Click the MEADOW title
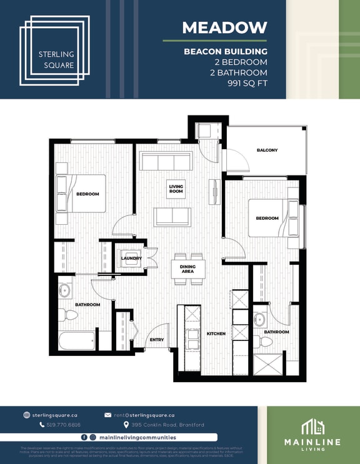tap(224, 27)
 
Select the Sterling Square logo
tap(55, 50)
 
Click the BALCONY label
tap(267, 151)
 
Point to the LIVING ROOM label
tap(176, 189)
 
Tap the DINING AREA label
tap(187, 269)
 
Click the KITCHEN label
tap(216, 334)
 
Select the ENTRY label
tap(157, 339)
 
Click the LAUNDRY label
tap(131, 258)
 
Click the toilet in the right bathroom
tap(266, 341)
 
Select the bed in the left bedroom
tap(81, 194)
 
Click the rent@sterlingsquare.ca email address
tap(144, 415)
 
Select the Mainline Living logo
tap(312, 435)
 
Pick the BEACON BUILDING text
tap(225, 51)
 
